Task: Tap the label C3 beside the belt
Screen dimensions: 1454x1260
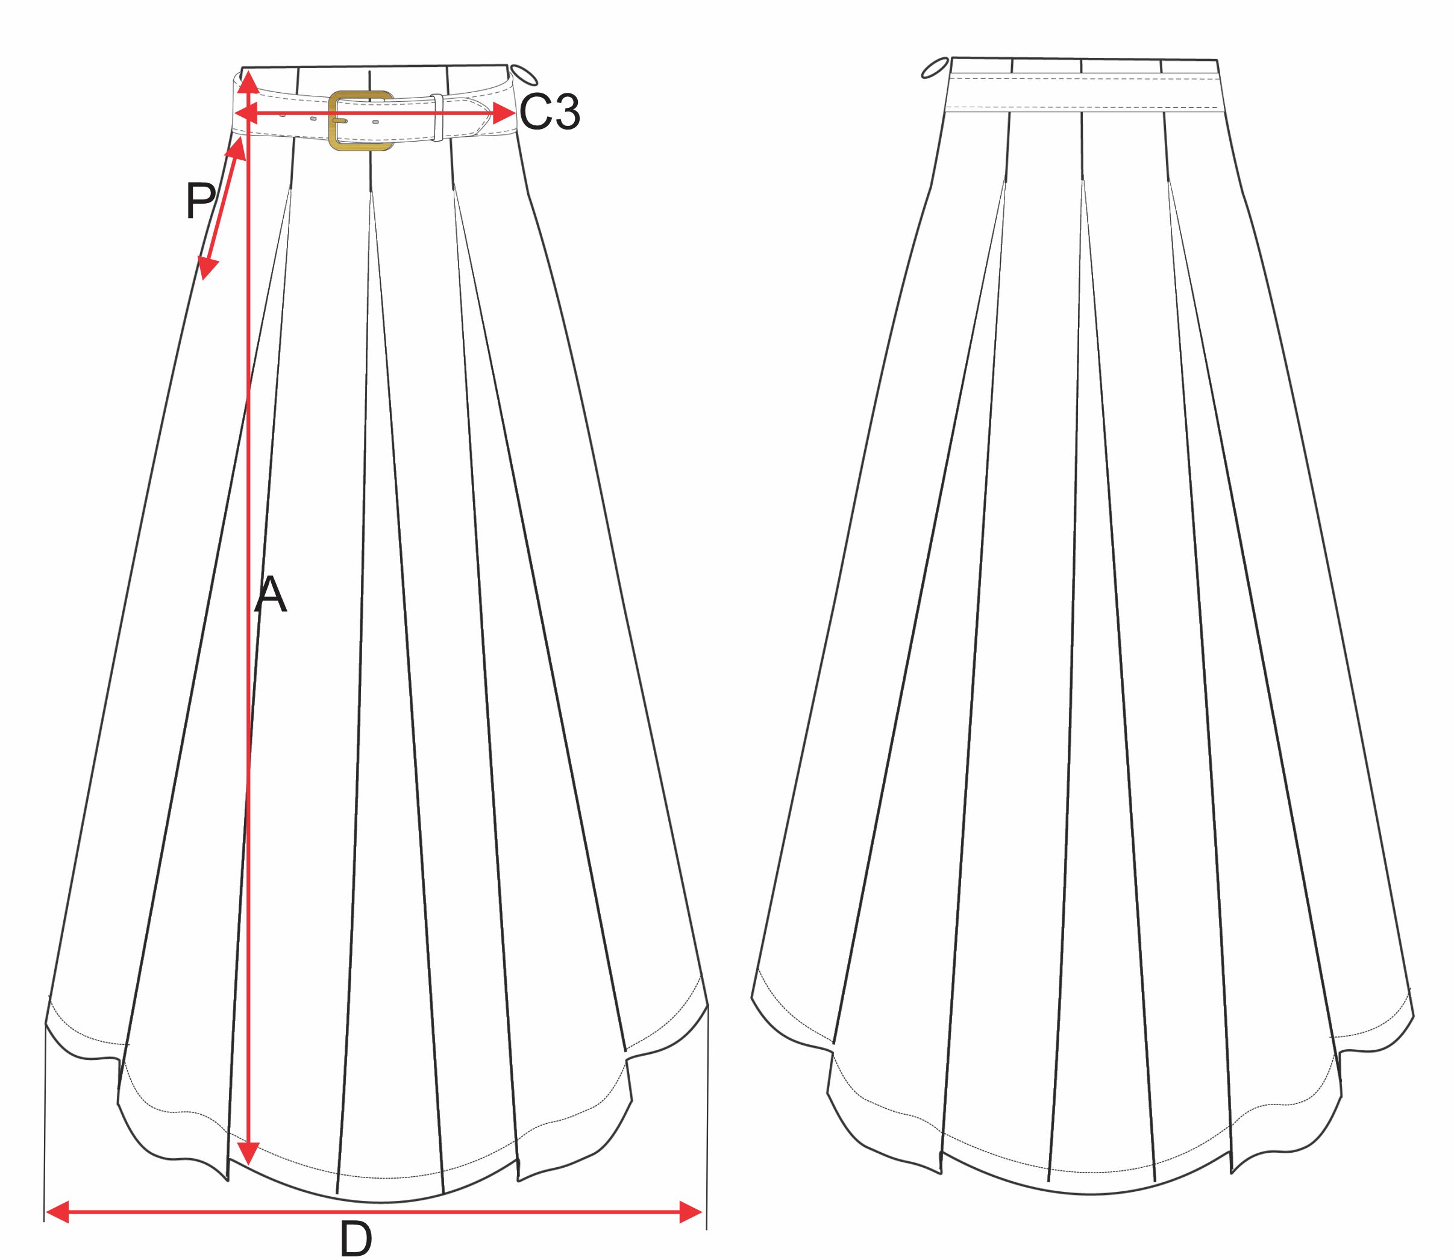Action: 549,112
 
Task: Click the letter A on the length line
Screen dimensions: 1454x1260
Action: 271,595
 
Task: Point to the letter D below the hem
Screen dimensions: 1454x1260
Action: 356,1240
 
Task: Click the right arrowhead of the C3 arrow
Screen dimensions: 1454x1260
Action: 505,113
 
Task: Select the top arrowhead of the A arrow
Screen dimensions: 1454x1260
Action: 248,83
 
